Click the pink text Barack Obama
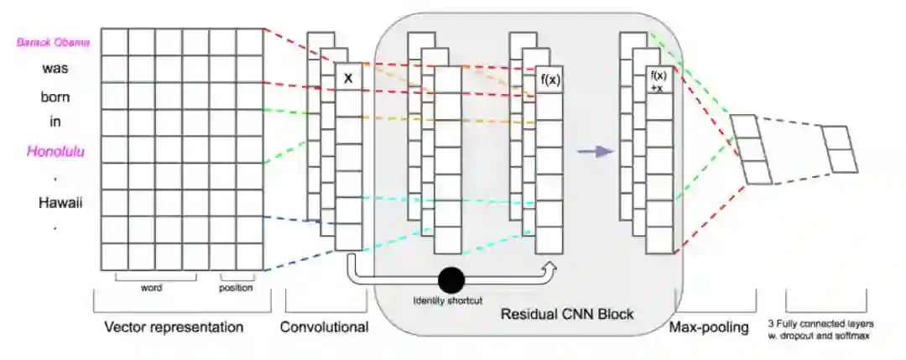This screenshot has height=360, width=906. click(54, 42)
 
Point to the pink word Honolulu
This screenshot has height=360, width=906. click(55, 151)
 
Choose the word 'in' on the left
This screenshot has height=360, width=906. click(55, 122)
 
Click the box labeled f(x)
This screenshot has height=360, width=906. click(550, 81)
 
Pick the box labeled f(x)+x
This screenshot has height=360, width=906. click(659, 81)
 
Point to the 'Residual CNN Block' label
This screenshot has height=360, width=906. click(566, 315)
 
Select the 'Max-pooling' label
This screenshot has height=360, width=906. click(709, 326)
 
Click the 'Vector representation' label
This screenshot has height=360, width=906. click(174, 326)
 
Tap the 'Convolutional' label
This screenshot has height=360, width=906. click(325, 326)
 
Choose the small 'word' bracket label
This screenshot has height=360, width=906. click(151, 287)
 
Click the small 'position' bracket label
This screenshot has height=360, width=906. click(236, 287)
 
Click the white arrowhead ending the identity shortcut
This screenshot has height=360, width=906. click(550, 266)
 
